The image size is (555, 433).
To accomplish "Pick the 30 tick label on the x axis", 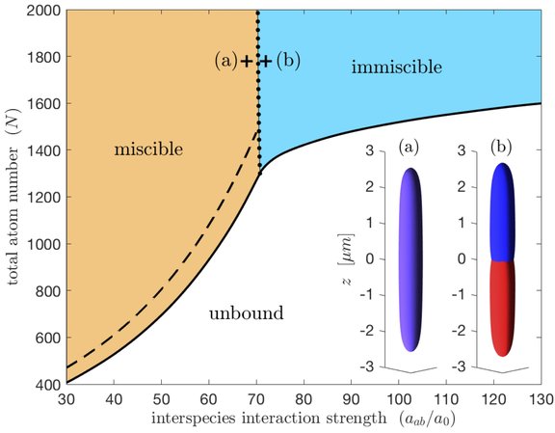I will (66, 398).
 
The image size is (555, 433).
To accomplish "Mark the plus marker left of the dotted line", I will (248, 61).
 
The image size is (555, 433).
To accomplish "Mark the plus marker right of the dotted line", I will (267, 61).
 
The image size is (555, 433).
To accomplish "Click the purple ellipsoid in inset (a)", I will (410, 258).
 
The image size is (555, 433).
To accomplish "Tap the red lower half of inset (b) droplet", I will (503, 306).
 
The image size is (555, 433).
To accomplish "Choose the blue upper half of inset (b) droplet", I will (503, 212).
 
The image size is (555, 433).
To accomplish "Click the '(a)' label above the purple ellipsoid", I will (409, 149).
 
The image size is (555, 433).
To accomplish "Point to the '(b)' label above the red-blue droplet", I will (501, 149).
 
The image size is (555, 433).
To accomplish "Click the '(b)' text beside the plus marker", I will (288, 61).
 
